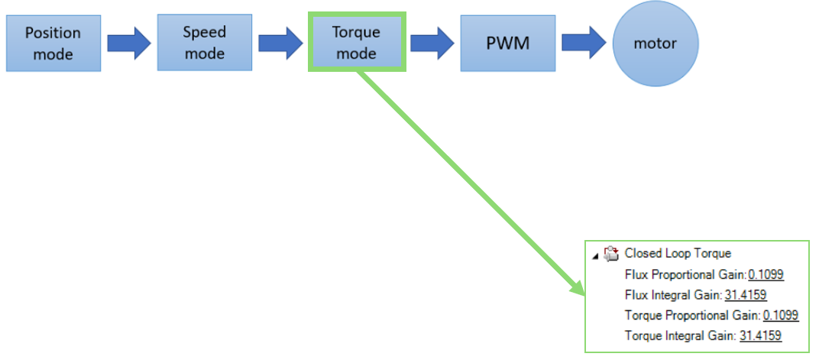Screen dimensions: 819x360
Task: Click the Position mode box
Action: (x=53, y=43)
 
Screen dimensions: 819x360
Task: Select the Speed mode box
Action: (x=205, y=42)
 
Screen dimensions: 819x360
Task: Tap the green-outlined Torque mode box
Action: (x=357, y=42)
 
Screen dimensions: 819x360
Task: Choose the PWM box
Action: (x=508, y=43)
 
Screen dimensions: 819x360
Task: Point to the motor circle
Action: (x=655, y=44)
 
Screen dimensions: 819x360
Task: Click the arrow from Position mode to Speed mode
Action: (x=129, y=43)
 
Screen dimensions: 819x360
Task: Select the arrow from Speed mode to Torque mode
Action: (x=280, y=43)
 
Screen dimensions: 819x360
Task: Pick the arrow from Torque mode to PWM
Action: (x=432, y=43)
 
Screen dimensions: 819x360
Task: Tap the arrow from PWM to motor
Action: (x=584, y=43)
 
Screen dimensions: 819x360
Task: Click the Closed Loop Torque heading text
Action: (x=678, y=254)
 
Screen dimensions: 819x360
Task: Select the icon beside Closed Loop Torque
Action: (x=610, y=254)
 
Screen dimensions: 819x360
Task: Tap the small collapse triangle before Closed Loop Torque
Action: (x=595, y=256)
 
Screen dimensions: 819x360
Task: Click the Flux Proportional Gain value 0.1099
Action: (x=766, y=274)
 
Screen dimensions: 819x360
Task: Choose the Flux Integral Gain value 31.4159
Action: (x=746, y=295)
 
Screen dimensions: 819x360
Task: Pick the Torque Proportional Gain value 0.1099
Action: (x=781, y=315)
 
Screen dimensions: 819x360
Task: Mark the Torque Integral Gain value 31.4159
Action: (x=760, y=336)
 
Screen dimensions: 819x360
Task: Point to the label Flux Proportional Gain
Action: (x=686, y=274)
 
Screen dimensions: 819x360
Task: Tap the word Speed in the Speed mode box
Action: (x=204, y=32)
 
